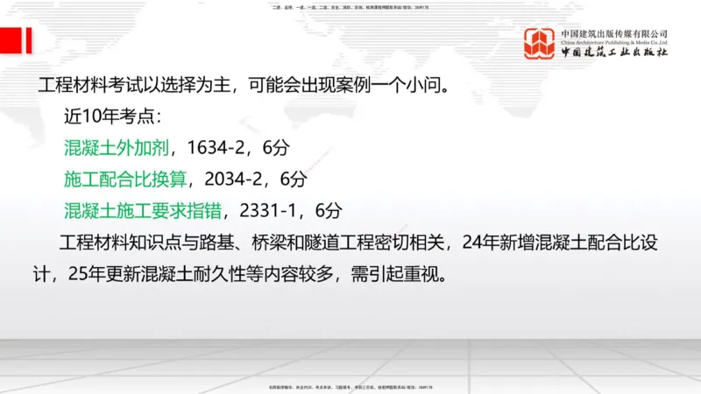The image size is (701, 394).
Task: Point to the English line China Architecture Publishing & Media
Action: (x=614, y=41)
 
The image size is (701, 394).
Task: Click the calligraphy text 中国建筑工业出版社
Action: (x=614, y=53)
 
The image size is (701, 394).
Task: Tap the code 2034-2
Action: (x=232, y=179)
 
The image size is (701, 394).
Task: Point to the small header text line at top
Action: (x=350, y=7)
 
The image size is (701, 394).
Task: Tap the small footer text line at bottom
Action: (x=350, y=386)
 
